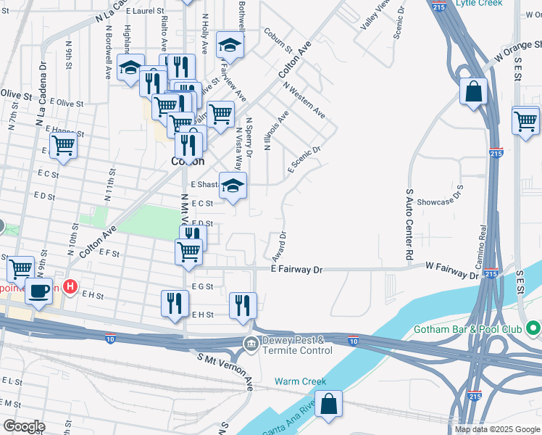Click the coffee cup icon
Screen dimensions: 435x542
[x=38, y=291]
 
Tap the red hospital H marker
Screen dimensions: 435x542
[x=70, y=286]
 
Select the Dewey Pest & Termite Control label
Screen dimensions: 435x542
[x=297, y=344]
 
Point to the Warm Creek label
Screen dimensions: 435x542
[x=300, y=381]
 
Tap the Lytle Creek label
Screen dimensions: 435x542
[x=479, y=4]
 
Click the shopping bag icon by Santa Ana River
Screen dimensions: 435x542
[x=328, y=405]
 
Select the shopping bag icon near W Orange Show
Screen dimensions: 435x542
[x=473, y=92]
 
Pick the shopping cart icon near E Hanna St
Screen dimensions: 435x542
[x=63, y=146]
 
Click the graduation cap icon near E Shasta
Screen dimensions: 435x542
[x=233, y=185]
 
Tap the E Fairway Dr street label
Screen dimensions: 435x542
[x=296, y=269]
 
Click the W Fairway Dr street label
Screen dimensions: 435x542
[x=452, y=271]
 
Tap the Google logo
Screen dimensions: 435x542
[x=24, y=426]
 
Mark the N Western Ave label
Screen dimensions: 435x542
[x=304, y=101]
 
